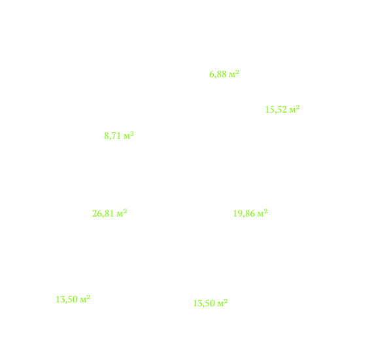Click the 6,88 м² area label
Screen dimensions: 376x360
(x=224, y=74)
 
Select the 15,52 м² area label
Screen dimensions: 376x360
(x=282, y=109)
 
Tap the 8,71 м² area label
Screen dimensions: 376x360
(x=119, y=136)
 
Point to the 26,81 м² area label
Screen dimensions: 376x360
(x=110, y=213)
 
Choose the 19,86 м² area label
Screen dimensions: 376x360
(x=250, y=213)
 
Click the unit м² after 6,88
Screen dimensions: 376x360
(x=234, y=74)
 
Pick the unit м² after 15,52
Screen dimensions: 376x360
(x=294, y=109)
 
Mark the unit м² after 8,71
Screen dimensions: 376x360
(x=129, y=135)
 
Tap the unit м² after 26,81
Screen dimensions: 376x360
(x=122, y=213)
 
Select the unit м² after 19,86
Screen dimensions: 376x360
(x=263, y=213)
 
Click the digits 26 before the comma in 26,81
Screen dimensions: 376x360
(x=97, y=213)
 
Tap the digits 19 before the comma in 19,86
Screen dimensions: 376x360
(x=237, y=213)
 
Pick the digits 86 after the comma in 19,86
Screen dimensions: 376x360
(x=250, y=213)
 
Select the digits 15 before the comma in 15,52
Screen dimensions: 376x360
(x=269, y=110)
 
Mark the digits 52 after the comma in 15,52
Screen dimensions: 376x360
(x=282, y=110)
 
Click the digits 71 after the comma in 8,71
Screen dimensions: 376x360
(x=116, y=136)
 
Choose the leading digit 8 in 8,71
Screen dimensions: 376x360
(x=106, y=136)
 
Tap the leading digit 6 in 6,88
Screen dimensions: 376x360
(x=211, y=75)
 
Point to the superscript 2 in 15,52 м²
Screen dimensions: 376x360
(x=298, y=107)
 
